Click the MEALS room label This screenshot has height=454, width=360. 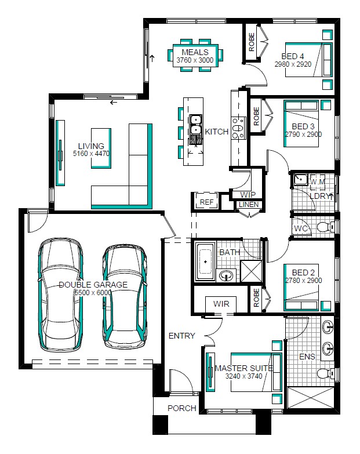pyautogui.click(x=195, y=52)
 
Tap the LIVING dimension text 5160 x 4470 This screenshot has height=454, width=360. pyautogui.click(x=91, y=154)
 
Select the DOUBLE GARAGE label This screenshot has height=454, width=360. pyautogui.click(x=93, y=285)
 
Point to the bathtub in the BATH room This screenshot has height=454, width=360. pyautogui.click(x=205, y=261)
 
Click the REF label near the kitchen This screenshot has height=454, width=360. pyautogui.click(x=206, y=202)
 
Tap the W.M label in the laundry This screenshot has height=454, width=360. pyautogui.click(x=318, y=182)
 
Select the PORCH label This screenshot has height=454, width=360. pyautogui.click(x=181, y=408)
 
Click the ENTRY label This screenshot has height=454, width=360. pyautogui.click(x=181, y=336)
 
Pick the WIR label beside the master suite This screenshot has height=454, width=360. pyautogui.click(x=221, y=304)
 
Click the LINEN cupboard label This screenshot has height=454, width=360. pyautogui.click(x=249, y=205)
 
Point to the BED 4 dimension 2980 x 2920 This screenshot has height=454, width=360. pyautogui.click(x=293, y=64)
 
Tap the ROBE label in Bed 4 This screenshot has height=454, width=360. pyautogui.click(x=252, y=42)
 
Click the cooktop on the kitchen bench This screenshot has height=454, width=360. pyautogui.click(x=239, y=128)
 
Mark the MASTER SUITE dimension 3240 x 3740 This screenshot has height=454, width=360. pyautogui.click(x=243, y=376)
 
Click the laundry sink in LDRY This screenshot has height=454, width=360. pyautogui.click(x=301, y=180)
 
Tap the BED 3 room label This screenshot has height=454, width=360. pyautogui.click(x=303, y=126)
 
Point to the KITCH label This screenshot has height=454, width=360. pyautogui.click(x=217, y=132)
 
